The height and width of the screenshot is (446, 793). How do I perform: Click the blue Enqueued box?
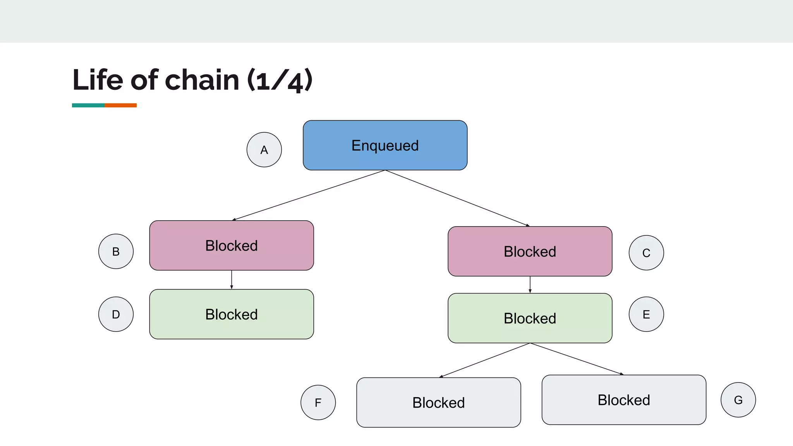click(385, 145)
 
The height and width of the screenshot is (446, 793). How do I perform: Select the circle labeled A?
click(264, 150)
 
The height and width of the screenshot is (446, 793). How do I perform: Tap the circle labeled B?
click(116, 251)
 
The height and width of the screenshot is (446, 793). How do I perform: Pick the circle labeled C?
click(646, 253)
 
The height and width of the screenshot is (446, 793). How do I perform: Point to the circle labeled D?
click(116, 314)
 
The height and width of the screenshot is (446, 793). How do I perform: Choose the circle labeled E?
click(646, 314)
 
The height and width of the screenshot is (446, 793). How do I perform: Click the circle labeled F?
click(318, 402)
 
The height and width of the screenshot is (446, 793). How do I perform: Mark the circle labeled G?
click(738, 400)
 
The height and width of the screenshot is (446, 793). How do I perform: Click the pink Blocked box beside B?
click(232, 245)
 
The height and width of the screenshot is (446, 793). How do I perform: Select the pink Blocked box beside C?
click(530, 251)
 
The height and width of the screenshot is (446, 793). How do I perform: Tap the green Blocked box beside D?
click(232, 314)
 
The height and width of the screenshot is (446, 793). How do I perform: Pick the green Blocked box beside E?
click(530, 318)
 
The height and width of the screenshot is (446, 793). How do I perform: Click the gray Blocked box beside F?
click(438, 402)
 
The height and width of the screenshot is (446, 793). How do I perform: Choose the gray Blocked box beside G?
click(623, 400)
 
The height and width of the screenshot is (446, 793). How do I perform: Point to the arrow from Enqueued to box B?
click(309, 195)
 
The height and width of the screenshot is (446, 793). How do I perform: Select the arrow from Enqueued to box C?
click(457, 198)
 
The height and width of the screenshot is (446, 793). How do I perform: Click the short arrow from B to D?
click(232, 280)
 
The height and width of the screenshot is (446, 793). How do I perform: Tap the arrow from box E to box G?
click(577, 359)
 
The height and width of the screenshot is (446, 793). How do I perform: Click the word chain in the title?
click(202, 80)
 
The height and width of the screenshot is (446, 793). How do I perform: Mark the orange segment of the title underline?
click(120, 105)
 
